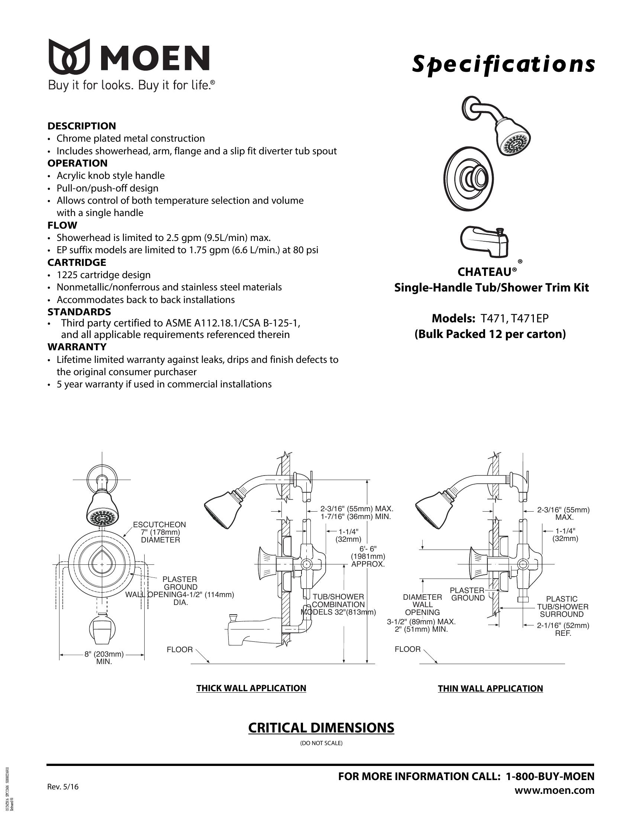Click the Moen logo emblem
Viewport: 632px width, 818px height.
[x=69, y=56]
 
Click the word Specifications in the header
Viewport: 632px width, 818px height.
[x=503, y=64]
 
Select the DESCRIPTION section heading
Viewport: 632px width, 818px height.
[x=82, y=126]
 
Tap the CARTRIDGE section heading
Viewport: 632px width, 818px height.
[x=77, y=262]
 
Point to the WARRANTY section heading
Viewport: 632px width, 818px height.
[x=77, y=347]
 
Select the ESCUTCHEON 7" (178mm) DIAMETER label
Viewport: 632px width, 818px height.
[x=160, y=532]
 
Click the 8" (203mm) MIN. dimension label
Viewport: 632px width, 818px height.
[x=104, y=658]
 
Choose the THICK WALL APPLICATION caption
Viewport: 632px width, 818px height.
[x=251, y=688]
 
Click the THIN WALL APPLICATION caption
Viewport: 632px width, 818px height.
[x=490, y=688]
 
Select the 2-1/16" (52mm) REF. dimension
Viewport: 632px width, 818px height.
[x=563, y=629]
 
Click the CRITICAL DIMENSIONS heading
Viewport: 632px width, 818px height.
[x=321, y=727]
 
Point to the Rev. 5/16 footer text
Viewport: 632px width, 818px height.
[x=63, y=786]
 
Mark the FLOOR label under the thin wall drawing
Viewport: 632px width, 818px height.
[x=408, y=649]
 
